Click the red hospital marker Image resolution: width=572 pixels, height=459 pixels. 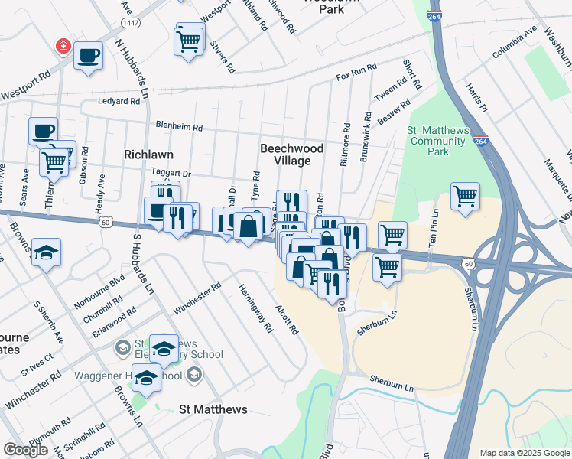(61, 47)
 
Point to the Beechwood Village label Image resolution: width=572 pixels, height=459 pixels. (291, 155)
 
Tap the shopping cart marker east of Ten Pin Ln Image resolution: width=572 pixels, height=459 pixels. (465, 197)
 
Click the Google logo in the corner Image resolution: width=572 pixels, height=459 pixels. (25, 450)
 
